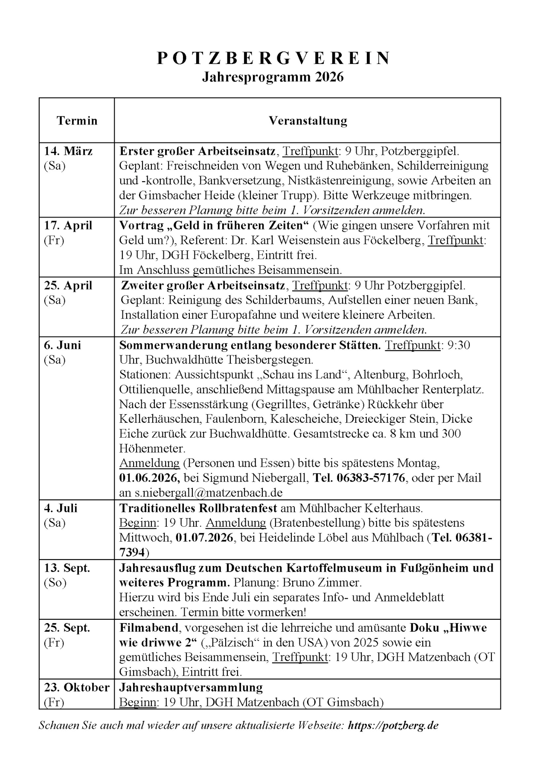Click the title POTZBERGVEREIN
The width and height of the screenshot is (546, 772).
[273, 58]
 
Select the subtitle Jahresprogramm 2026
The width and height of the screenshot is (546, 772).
[273, 77]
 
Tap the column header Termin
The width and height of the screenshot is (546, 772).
[77, 121]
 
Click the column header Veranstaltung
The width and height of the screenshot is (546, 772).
[308, 121]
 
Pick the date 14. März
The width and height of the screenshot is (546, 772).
[68, 151]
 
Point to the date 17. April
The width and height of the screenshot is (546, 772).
[68, 225]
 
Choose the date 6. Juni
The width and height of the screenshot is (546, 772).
[62, 345]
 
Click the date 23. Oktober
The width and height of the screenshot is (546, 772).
[77, 688]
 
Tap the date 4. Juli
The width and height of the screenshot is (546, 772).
[61, 508]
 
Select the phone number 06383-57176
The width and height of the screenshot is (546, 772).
[371, 478]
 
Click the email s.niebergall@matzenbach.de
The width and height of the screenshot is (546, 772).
[209, 493]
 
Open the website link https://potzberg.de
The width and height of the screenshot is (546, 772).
[393, 726]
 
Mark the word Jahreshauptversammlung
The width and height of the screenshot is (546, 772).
[191, 688]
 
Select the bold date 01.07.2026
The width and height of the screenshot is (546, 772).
[204, 537]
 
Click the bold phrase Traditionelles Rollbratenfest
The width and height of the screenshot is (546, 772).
[198, 508]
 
